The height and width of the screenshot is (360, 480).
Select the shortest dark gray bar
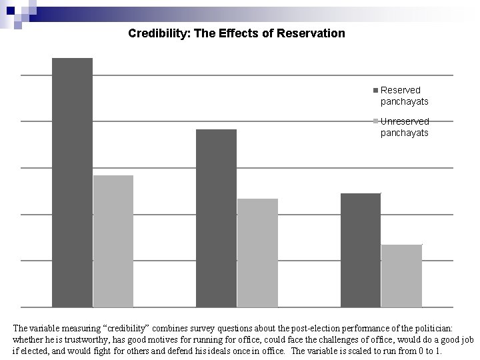pos(360,250)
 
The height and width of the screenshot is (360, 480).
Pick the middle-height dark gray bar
pos(216,218)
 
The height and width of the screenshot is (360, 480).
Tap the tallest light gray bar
pos(113,241)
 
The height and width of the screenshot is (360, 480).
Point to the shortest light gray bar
pos(401,275)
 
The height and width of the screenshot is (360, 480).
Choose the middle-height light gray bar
pos(257,253)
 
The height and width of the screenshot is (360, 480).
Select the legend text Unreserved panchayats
pos(404,127)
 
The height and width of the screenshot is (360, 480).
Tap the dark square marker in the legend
pos(376,90)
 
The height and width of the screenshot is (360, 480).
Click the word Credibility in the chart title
pos(159,33)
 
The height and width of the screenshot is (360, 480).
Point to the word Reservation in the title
pos(313,33)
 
